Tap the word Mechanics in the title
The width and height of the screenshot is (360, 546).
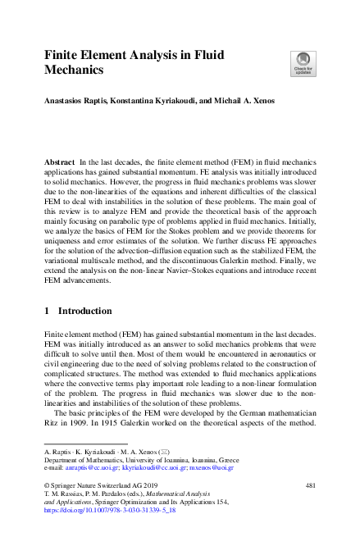[75, 71]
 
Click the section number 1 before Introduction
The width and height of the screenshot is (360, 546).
[47, 312]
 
